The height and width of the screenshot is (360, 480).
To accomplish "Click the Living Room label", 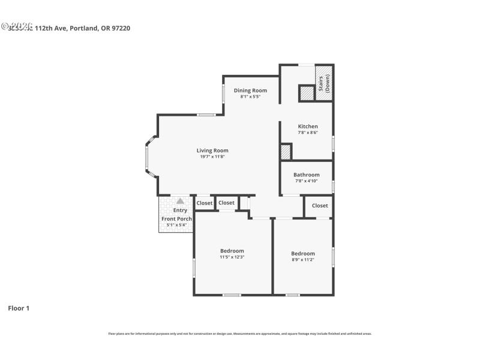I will click(x=212, y=151).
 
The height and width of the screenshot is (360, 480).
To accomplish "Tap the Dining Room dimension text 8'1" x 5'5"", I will click(x=250, y=97).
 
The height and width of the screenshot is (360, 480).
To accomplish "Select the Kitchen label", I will click(x=308, y=127).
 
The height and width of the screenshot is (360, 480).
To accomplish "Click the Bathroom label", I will click(x=306, y=175).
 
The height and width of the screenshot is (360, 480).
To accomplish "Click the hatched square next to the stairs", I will click(x=307, y=93).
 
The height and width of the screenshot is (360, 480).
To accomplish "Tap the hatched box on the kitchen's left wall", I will click(x=286, y=152).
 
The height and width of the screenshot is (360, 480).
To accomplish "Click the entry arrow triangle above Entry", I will click(x=180, y=201).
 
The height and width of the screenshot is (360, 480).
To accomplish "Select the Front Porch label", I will click(x=176, y=219).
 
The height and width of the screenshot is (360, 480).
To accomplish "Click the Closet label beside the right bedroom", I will click(x=320, y=206).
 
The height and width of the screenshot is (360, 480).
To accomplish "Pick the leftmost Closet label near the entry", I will click(x=205, y=203).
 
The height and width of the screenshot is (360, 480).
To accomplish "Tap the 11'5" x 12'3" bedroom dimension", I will click(x=232, y=257).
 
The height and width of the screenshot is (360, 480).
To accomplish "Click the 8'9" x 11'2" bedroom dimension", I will click(x=303, y=260).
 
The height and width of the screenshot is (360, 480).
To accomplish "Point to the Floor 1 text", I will click(x=19, y=308).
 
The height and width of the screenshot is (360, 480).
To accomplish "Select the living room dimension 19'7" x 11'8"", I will click(x=212, y=157).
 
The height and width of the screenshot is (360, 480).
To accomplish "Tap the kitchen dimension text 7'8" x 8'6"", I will click(x=308, y=133).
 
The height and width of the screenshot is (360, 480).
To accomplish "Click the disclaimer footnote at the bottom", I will click(x=239, y=334).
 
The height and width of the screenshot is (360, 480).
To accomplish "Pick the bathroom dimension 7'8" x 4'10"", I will click(x=306, y=181).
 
